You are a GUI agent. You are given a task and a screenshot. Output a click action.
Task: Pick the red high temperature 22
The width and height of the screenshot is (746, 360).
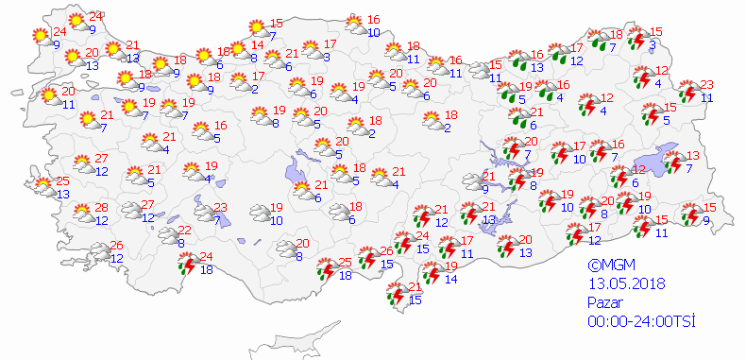[185, 231]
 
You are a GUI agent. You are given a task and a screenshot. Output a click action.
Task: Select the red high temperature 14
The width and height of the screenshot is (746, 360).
[258, 45]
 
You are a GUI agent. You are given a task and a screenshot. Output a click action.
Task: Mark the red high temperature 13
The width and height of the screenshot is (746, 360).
[693, 156]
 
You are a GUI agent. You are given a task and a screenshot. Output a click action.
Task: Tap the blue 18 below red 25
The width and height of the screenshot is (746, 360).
[346, 275]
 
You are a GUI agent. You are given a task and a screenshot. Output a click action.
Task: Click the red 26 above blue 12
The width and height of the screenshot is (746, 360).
[117, 246]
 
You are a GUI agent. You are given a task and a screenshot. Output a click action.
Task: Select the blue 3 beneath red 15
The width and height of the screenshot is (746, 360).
[653, 44]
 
